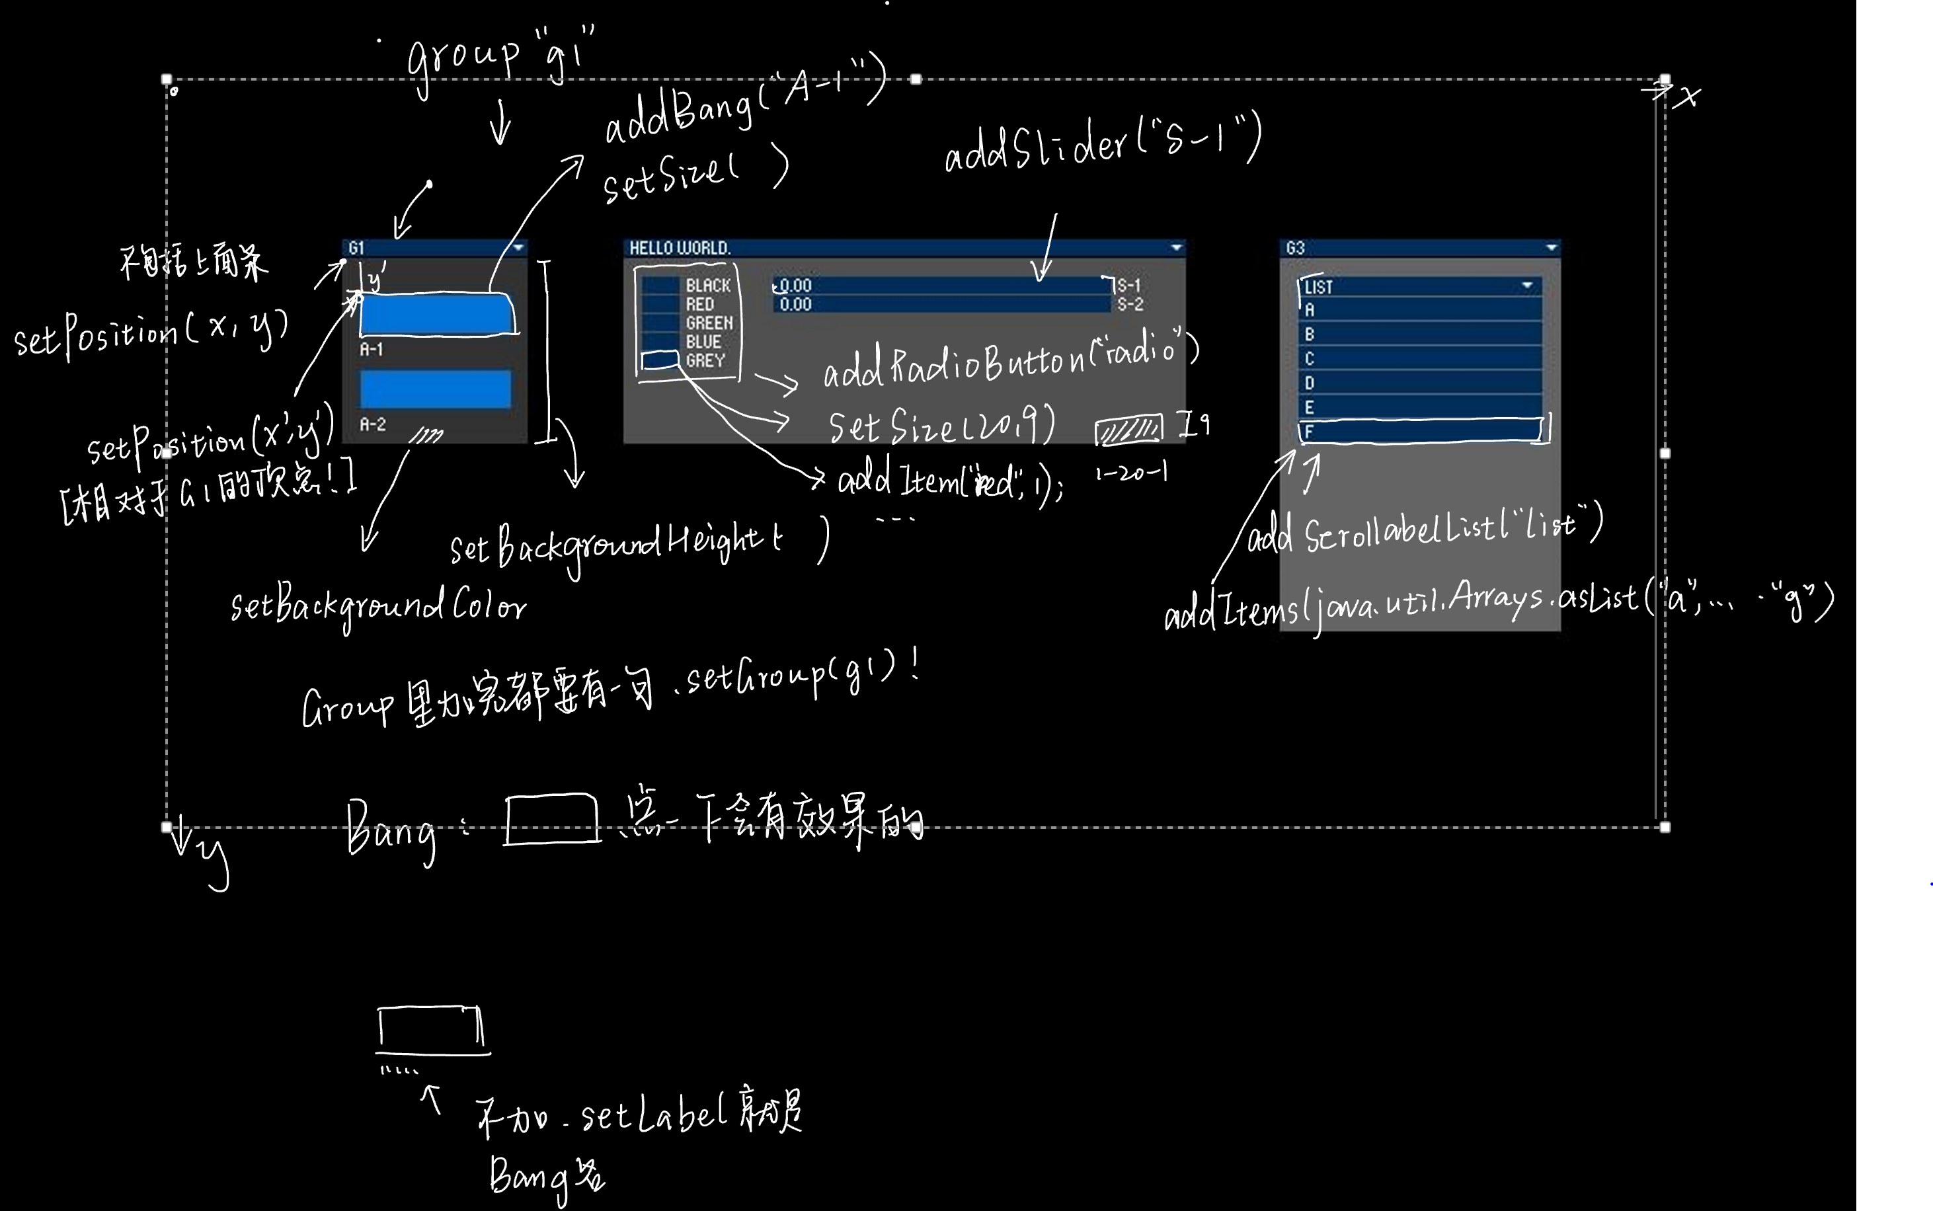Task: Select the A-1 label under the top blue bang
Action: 372,349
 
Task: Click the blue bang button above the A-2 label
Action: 436,389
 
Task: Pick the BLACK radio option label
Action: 708,285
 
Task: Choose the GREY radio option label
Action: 705,360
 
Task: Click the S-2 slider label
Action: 1130,303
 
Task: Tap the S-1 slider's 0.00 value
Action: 795,285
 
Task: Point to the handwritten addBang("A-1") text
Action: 744,100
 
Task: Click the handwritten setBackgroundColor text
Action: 378,606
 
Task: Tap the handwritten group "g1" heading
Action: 500,56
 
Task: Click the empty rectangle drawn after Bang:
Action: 552,818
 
